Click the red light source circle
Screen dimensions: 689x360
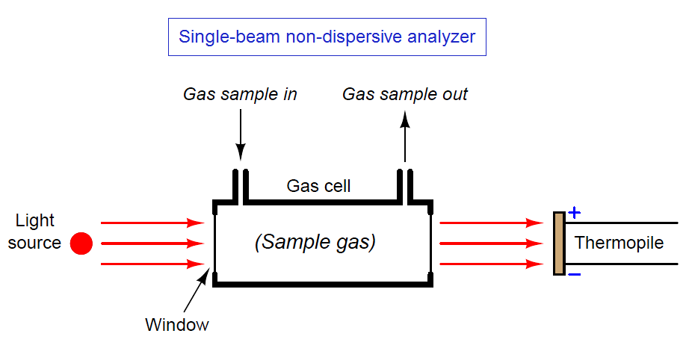point(81,243)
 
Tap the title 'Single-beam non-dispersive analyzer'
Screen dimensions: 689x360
point(327,37)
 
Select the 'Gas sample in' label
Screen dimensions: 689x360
point(240,94)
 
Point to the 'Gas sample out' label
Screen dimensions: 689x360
point(405,94)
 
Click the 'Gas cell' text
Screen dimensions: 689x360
point(318,186)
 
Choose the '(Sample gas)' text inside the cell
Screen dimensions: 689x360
point(315,242)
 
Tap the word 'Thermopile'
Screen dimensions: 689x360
point(620,243)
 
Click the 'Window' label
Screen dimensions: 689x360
point(177,325)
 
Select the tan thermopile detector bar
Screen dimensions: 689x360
point(559,243)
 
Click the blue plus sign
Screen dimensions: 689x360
point(575,213)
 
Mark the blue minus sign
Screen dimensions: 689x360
point(575,275)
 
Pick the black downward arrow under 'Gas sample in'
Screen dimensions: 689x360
point(241,134)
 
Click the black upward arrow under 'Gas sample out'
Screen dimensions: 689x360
point(405,136)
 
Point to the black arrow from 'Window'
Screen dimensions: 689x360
point(197,291)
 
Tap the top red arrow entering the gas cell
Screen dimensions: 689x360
point(152,223)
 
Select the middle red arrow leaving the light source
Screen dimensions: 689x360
point(152,243)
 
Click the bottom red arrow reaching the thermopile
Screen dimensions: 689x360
point(491,264)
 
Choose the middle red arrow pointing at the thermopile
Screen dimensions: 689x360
point(491,243)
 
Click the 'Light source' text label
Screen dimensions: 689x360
point(34,232)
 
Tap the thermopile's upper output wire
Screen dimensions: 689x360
point(621,223)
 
